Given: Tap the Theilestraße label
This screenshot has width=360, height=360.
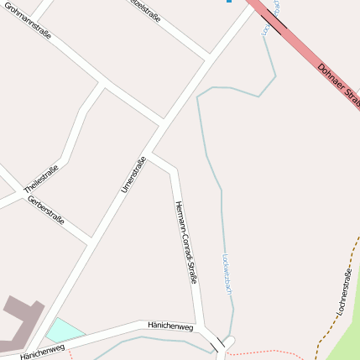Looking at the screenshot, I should pos(41,178).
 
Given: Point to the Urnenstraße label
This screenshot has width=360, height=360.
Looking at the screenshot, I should pos(133,175).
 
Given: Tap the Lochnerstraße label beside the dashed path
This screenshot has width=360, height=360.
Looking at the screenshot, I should pos(344,290).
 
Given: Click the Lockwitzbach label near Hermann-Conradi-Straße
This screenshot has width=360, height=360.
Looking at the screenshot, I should pos(226,274).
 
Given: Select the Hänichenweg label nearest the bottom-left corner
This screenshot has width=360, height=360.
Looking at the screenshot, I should pos(42,352).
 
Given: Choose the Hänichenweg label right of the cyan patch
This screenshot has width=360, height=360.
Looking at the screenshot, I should pos(170,325).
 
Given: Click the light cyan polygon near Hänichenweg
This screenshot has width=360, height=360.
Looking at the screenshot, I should pos(64,330).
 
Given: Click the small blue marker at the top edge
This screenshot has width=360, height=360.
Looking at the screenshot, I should pos(228,2).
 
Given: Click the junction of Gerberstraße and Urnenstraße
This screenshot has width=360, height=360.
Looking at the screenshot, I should pos(90,241).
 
